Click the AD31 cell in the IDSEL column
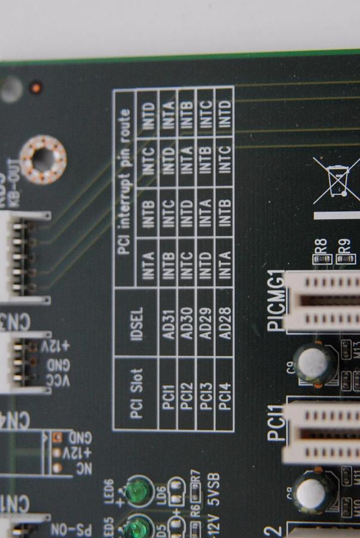click(168, 324)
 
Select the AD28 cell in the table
click(225, 324)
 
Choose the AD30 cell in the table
click(187, 324)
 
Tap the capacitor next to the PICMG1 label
click(314, 363)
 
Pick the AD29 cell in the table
click(206, 324)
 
